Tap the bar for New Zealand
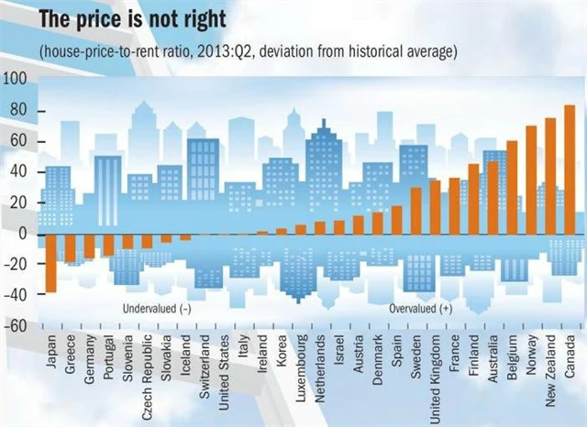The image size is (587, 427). [550, 176]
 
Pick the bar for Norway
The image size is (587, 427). [531, 180]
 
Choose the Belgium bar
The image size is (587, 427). [512, 188]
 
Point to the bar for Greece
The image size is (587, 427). [70, 248]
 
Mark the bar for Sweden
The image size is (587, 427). [415, 211]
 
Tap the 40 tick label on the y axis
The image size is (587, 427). [17, 172]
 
